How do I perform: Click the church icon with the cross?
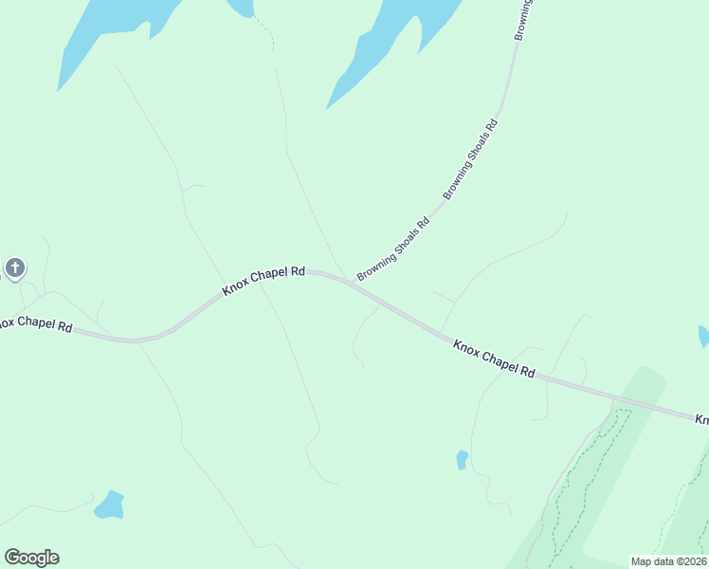pos(15,268)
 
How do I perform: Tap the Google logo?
pos(31,558)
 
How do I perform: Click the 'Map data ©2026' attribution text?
pos(668,561)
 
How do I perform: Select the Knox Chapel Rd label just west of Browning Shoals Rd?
pos(264,280)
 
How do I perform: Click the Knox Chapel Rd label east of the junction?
pos(494,359)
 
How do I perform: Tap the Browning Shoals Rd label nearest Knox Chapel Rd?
pos(393,249)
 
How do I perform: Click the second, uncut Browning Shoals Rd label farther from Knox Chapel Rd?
pos(470,157)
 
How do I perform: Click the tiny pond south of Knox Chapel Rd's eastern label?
pos(462,460)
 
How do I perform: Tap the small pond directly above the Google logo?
pos(110,505)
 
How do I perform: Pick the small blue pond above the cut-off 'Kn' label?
pos(703,336)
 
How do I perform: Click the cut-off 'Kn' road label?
pos(701,418)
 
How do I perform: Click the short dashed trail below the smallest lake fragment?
pos(268,38)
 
